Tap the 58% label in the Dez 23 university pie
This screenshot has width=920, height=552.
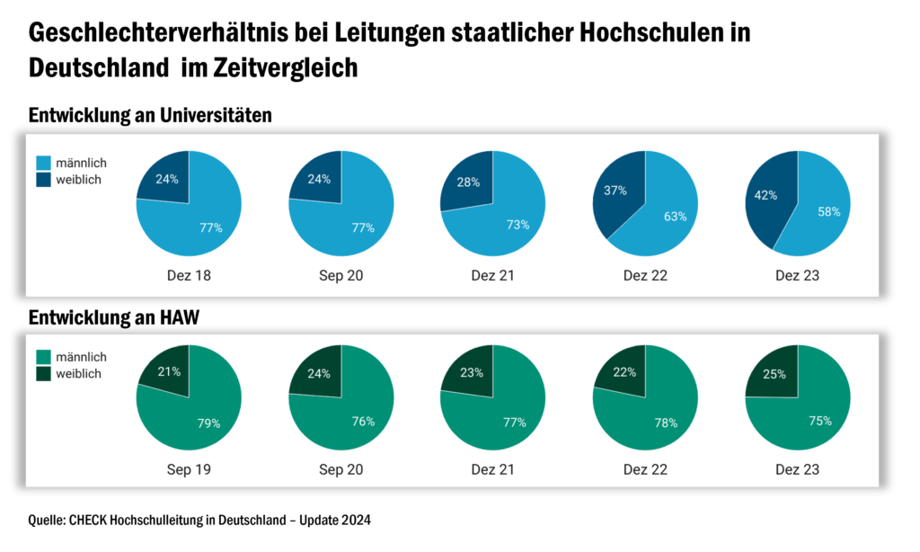point(828,211)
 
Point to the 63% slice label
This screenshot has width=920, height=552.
point(676,216)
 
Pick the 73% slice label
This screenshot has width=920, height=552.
point(517,225)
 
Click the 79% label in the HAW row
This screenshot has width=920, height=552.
point(209,423)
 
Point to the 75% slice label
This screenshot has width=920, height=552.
point(819,421)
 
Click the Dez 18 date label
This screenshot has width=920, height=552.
point(189,275)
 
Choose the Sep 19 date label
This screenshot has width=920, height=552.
point(189,469)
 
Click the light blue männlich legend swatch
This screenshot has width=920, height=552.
point(43,163)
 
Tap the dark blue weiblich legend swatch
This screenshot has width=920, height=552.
point(43,179)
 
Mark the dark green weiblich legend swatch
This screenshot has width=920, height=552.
point(43,373)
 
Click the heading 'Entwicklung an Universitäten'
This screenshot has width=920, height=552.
point(150,116)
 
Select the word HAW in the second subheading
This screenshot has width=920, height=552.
point(179,317)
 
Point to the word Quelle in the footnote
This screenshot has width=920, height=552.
point(47,521)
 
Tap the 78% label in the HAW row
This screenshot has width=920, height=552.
point(666,422)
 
